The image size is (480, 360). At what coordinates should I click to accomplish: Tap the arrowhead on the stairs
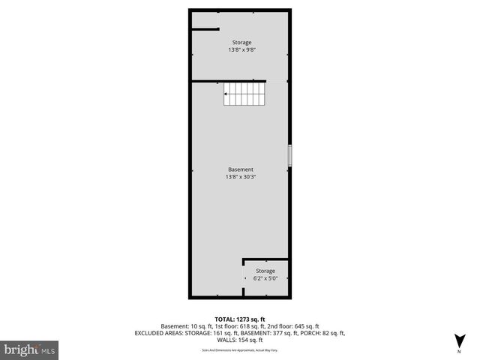click(x=226, y=94)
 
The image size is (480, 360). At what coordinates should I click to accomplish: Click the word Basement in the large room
click(x=241, y=169)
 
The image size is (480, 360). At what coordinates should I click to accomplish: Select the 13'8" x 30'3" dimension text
click(x=241, y=178)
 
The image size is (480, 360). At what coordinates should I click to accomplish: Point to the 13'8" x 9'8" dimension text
click(x=241, y=51)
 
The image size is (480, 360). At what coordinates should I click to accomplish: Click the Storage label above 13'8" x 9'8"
click(x=241, y=43)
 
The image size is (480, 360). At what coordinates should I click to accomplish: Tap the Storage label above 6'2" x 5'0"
click(x=265, y=271)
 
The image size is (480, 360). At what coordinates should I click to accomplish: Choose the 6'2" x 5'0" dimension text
click(x=265, y=279)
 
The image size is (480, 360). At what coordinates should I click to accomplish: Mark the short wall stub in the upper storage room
click(x=204, y=29)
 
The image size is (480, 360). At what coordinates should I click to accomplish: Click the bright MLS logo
click(x=30, y=349)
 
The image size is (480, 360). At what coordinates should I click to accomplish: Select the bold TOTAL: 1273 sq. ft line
click(x=240, y=319)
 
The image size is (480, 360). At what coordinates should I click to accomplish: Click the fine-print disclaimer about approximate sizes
click(x=240, y=348)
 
